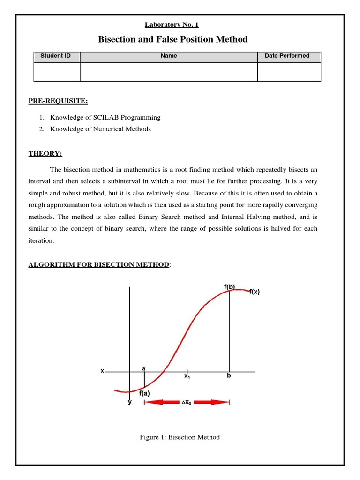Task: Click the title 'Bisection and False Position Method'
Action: pyautogui.click(x=172, y=39)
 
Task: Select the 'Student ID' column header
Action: pyautogui.click(x=56, y=56)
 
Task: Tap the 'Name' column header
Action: pyautogui.click(x=169, y=56)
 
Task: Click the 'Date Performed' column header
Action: pyautogui.click(x=287, y=56)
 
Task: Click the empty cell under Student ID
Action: pyautogui.click(x=57, y=72)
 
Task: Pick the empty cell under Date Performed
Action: pyautogui.click(x=289, y=72)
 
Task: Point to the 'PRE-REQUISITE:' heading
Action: pyautogui.click(x=58, y=101)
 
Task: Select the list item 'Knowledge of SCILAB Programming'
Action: pyautogui.click(x=105, y=117)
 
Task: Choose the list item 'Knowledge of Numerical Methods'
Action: pyautogui.click(x=101, y=129)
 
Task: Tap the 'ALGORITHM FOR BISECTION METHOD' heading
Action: pyautogui.click(x=98, y=265)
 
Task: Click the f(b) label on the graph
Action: pyautogui.click(x=229, y=286)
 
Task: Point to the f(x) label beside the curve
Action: pyautogui.click(x=254, y=292)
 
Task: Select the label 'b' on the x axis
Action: pyautogui.click(x=229, y=376)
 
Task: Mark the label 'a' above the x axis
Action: pyautogui.click(x=143, y=368)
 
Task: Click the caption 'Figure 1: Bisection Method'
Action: pyautogui.click(x=180, y=437)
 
